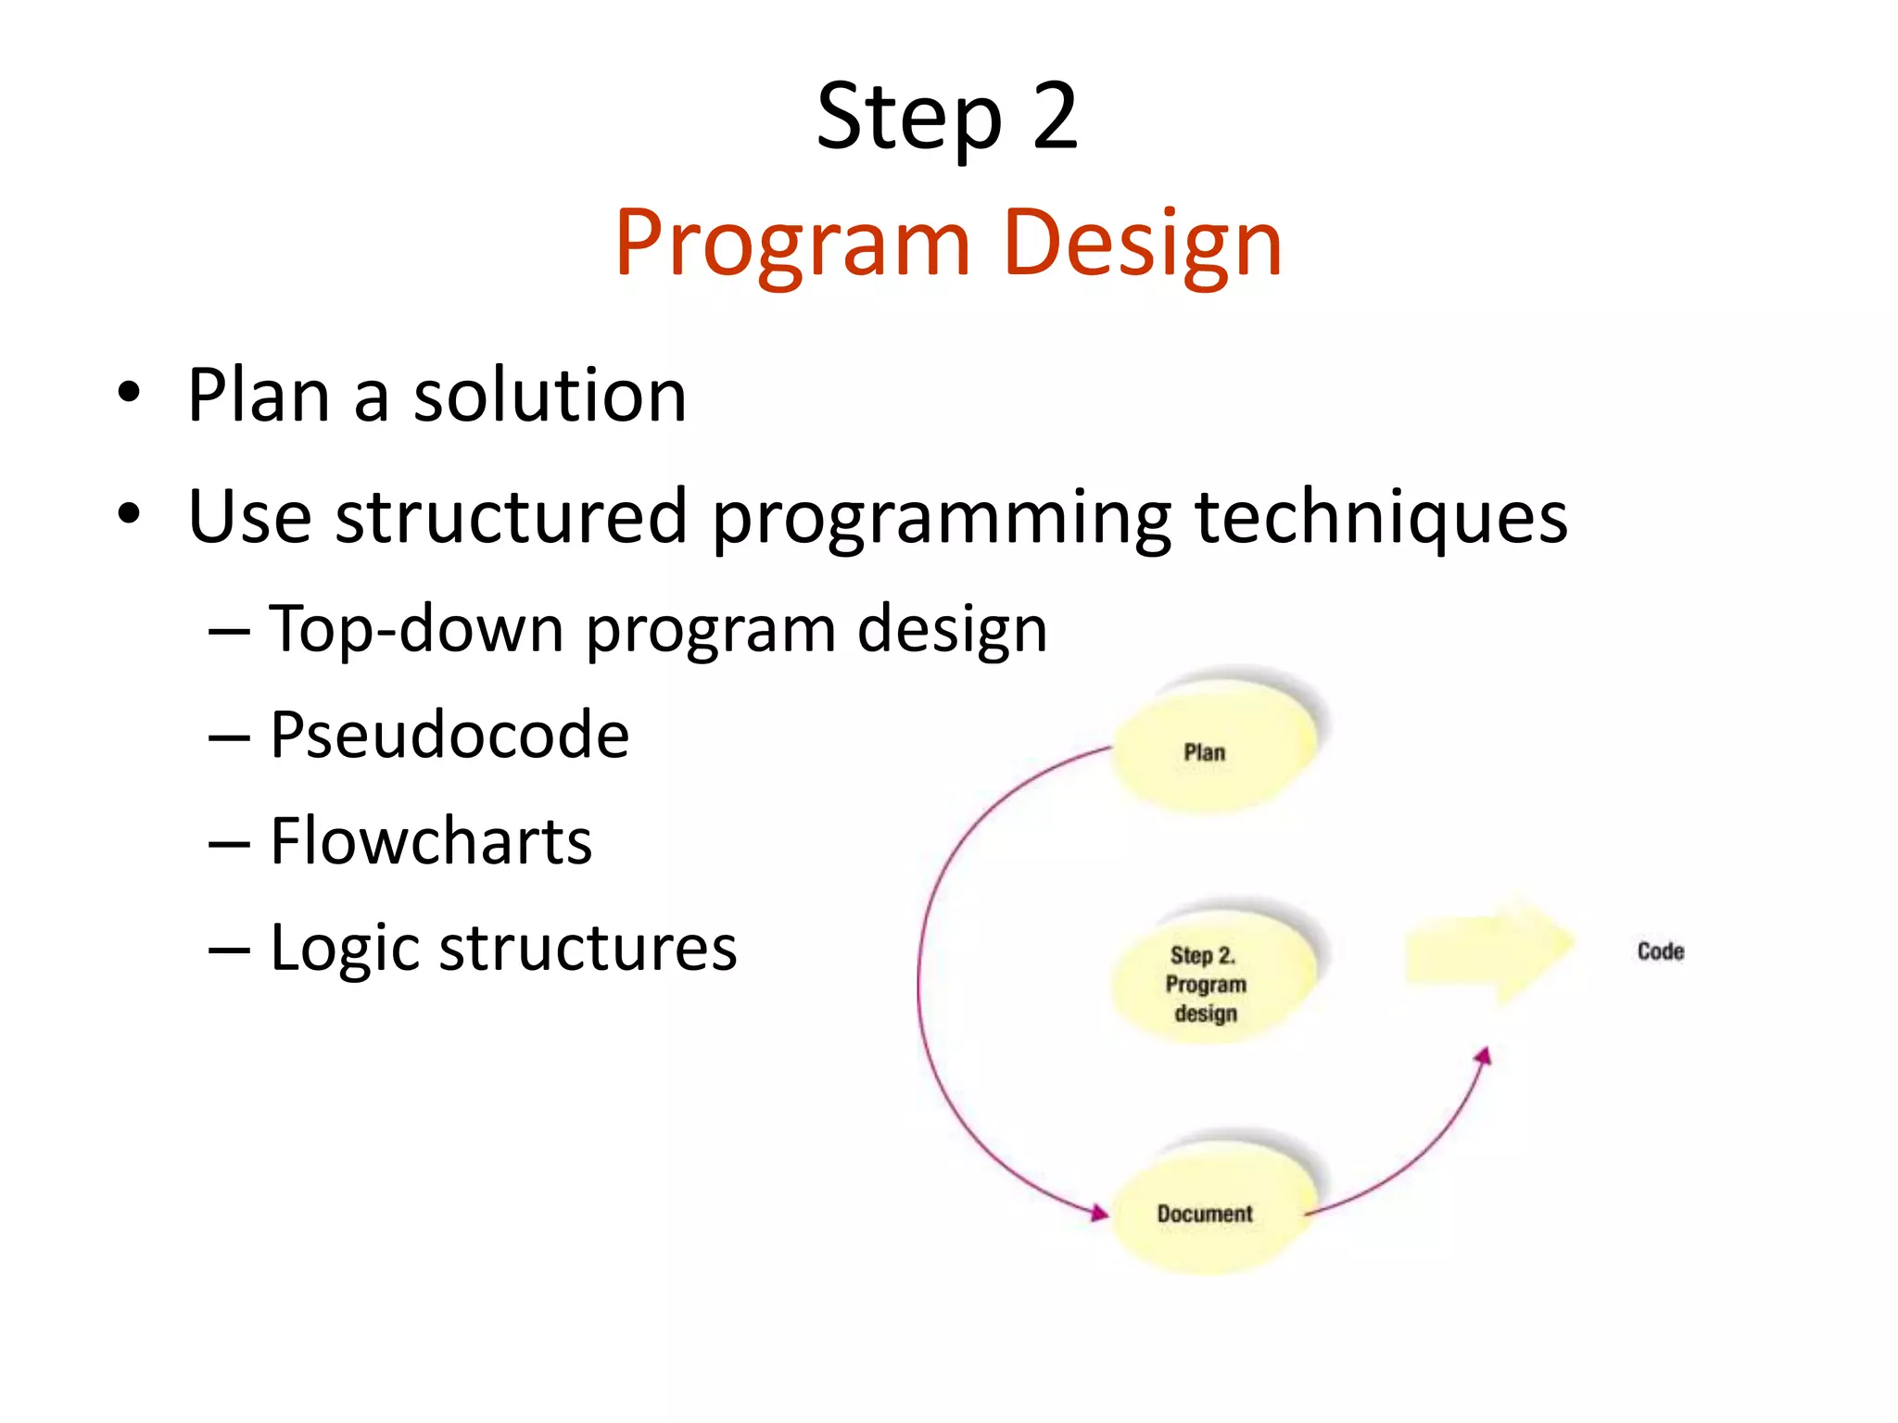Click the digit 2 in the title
1055,117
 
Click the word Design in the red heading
1142,243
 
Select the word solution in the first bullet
550,396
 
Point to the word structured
511,516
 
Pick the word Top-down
416,629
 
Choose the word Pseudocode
449,735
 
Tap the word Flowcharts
431,841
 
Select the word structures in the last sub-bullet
588,948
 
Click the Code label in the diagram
1660,951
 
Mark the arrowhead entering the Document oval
1100,1213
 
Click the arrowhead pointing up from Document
1484,1056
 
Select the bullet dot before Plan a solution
129,393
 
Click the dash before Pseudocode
229,737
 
